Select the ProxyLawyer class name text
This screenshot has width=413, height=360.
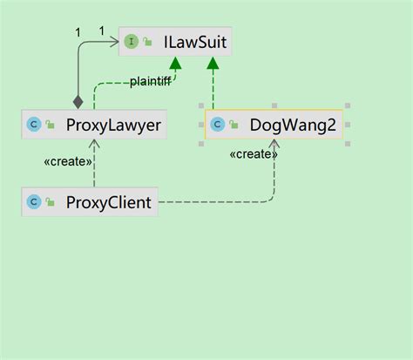coord(112,126)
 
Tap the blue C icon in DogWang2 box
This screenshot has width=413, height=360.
coord(217,126)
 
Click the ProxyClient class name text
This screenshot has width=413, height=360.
coord(109,203)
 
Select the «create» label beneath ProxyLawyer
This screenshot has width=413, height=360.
coord(65,162)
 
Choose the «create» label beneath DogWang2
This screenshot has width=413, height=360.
coord(253,154)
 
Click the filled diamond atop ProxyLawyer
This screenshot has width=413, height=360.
coord(78,101)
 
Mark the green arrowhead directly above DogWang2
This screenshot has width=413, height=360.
coord(213,64)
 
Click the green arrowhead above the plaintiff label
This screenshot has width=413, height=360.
coord(175,64)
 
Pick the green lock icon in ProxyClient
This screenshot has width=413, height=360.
coord(51,204)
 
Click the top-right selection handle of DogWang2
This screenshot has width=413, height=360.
coord(348,109)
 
